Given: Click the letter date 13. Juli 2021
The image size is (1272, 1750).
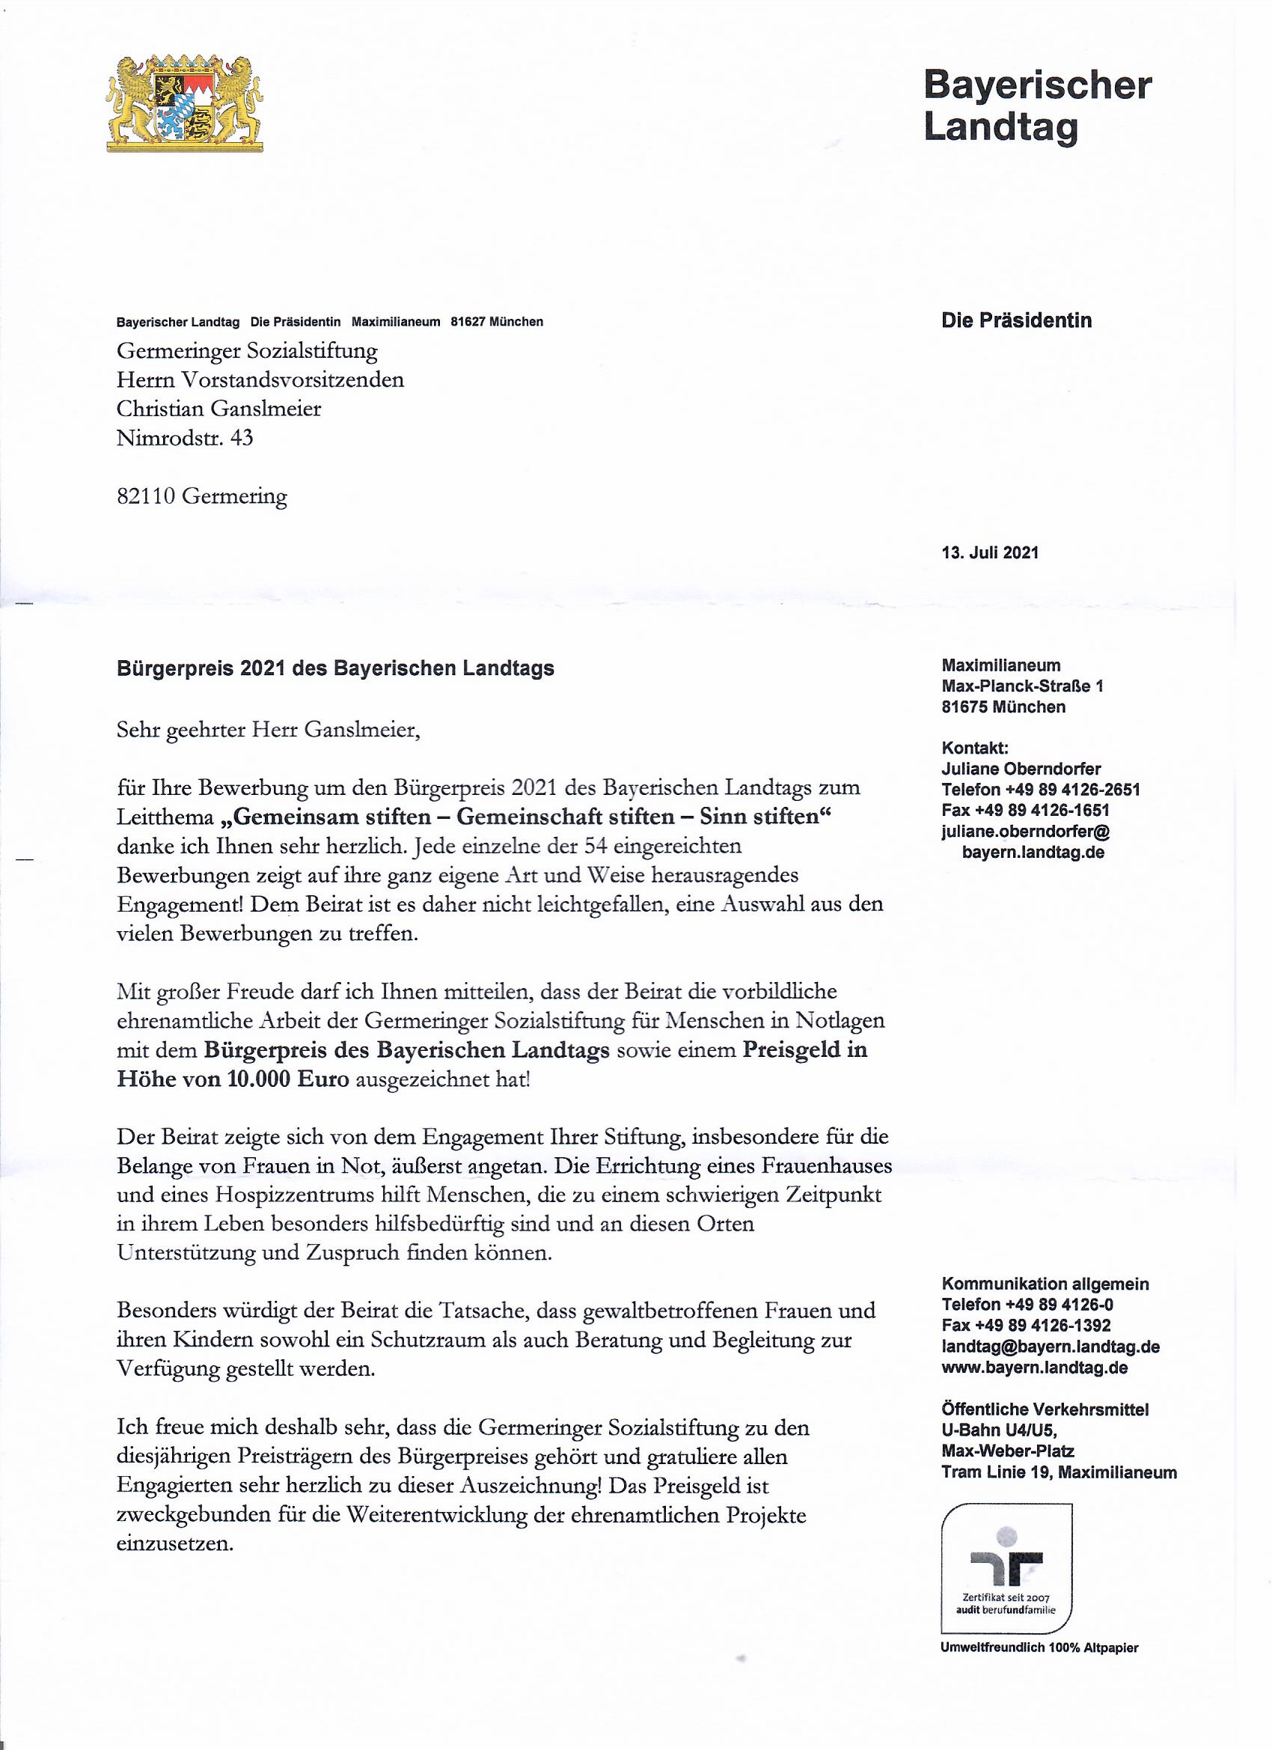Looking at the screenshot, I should coord(990,552).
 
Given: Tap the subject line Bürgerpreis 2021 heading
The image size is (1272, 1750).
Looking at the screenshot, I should coord(334,668).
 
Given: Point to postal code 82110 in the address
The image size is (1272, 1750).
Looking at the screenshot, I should coord(147,496).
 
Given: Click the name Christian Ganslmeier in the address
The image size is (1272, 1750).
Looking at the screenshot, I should coord(218,409).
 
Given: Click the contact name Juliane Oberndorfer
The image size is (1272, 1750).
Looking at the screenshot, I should coord(1021,769).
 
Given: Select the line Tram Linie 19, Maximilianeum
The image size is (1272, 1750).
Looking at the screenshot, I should coord(1058,1472).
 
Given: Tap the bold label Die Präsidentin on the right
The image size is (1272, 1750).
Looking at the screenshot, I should coord(1016,321).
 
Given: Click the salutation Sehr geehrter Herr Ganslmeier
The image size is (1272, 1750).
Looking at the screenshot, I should coord(269,730).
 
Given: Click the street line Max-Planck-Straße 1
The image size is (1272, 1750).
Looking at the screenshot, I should coord(1022,686).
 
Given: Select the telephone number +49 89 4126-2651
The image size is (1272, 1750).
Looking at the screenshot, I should coord(1071,790).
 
